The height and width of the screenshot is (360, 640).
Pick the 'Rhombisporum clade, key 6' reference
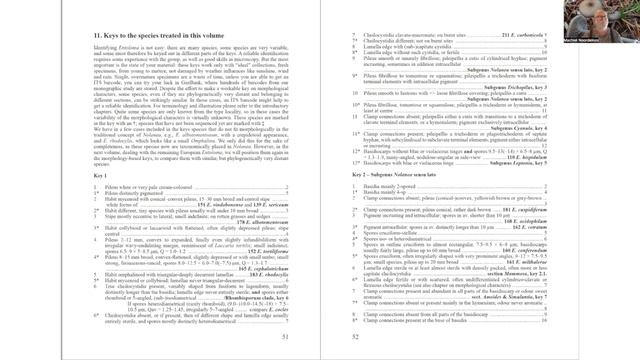(x=250, y=297)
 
